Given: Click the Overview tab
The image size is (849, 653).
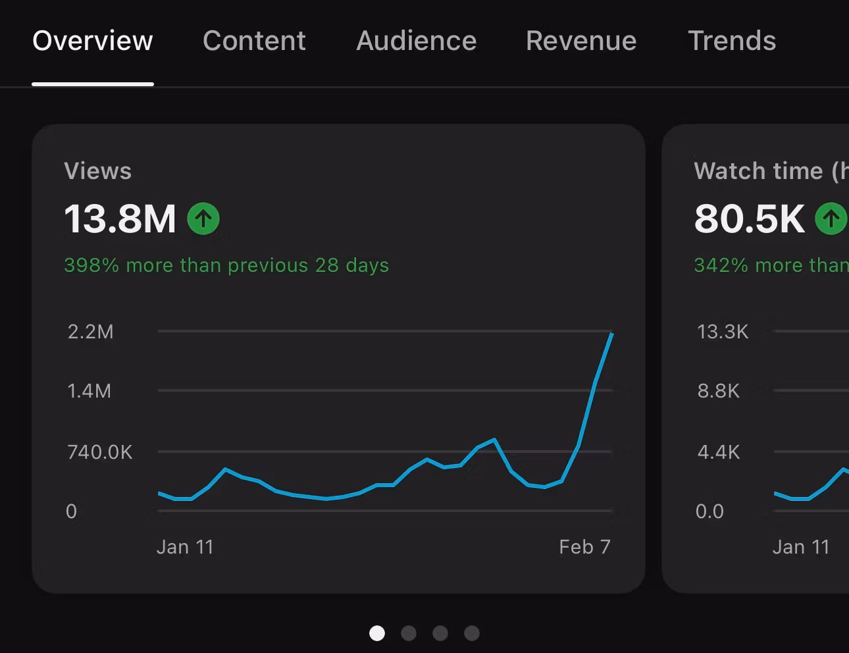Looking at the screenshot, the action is click(93, 41).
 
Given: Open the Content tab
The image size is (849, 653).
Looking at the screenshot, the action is click(254, 41).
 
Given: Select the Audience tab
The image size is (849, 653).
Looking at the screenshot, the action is click(417, 41).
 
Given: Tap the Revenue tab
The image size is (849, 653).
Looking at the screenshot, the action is click(581, 41).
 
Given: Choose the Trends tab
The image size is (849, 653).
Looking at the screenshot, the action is click(732, 41).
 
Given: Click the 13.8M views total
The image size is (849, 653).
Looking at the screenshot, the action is click(120, 219).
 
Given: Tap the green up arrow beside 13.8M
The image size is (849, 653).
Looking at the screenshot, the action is click(203, 219).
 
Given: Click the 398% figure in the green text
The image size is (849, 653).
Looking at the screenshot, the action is click(91, 265).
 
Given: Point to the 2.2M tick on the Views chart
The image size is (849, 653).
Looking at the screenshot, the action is click(91, 332).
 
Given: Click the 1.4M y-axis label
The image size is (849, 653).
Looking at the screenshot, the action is click(90, 391).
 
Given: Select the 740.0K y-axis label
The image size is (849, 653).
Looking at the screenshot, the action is click(100, 452).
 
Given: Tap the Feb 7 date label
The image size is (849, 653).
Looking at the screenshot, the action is click(585, 547).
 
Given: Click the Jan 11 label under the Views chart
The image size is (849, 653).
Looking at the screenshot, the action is click(185, 547).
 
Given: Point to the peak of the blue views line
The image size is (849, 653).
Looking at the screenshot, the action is click(612, 333).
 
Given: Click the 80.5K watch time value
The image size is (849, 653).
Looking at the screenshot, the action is click(750, 219).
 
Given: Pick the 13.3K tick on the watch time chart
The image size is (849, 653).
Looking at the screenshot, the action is click(723, 332).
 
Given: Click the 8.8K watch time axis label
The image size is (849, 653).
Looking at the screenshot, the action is click(719, 391).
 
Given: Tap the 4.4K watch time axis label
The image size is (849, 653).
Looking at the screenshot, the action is click(719, 452).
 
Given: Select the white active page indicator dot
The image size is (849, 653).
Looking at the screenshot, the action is click(377, 633).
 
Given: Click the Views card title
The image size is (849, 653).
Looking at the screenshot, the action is click(98, 171).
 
